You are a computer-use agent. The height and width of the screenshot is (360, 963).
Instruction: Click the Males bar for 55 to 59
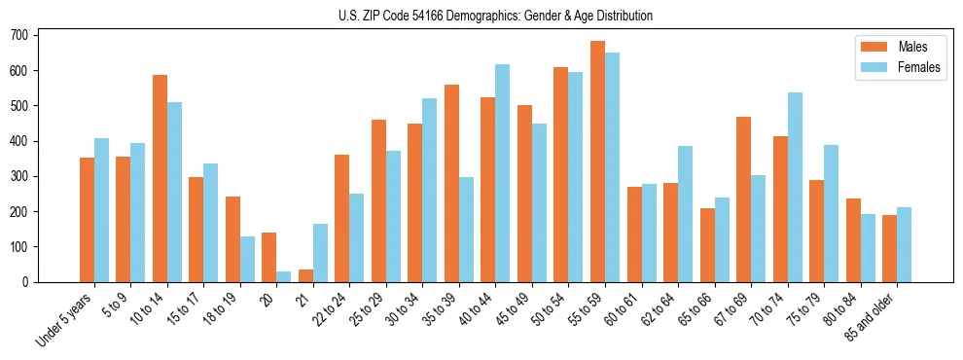point(597,162)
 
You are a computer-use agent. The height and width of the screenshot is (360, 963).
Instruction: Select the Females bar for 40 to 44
point(503,173)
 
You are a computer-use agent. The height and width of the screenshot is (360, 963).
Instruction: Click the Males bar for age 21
point(305,275)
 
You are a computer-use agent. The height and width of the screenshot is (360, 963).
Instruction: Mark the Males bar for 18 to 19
point(232,239)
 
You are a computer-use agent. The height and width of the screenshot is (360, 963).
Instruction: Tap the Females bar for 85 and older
point(904,244)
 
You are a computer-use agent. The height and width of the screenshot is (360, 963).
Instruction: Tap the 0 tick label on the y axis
point(31,282)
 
